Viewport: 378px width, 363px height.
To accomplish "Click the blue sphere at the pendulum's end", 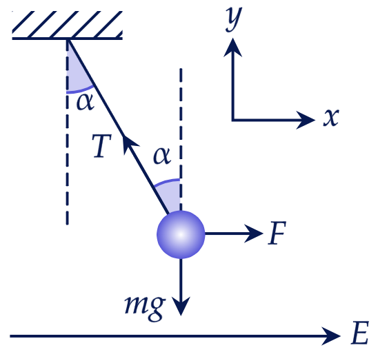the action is click(x=181, y=234).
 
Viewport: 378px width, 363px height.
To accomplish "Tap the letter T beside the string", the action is click(x=102, y=146).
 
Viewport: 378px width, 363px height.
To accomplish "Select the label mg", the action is click(x=145, y=308).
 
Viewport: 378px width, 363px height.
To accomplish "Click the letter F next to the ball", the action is click(x=277, y=233).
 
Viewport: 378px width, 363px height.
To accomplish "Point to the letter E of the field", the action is click(x=360, y=333).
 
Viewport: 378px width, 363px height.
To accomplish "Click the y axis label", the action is click(x=234, y=19).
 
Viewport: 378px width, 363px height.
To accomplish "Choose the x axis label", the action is click(x=331, y=118).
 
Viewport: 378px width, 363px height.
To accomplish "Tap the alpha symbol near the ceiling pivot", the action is click(x=85, y=102).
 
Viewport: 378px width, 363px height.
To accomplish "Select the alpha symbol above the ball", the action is click(x=162, y=156).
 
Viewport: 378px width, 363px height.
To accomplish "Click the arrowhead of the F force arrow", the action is click(x=254, y=234).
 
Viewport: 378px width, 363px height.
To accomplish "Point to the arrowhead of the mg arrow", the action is click(x=181, y=307).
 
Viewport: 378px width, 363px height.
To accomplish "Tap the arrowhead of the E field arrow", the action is click(x=331, y=336).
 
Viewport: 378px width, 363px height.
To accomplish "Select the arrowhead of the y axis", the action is click(x=232, y=48).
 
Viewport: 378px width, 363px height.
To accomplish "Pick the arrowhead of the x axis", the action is click(x=306, y=120).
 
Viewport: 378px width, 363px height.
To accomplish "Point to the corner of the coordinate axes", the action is click(x=232, y=120).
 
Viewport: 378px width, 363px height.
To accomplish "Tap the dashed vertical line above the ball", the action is click(x=181, y=140).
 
